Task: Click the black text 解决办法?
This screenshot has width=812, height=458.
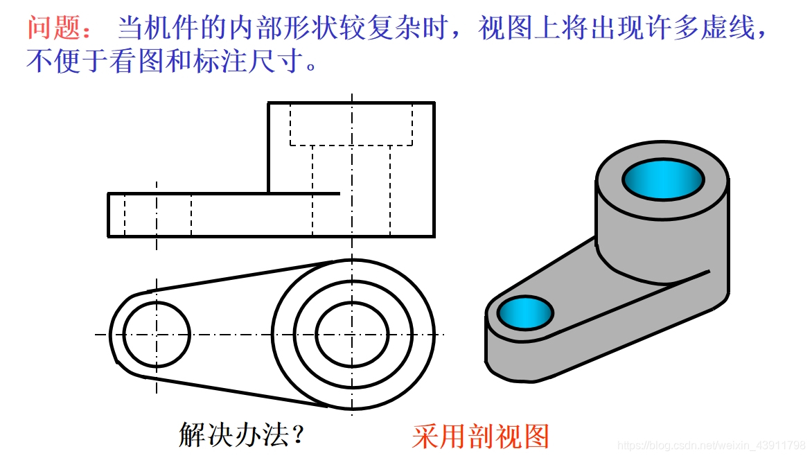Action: click(242, 434)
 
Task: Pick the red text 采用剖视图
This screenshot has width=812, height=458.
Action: click(480, 436)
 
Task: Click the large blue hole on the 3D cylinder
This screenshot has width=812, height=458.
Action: click(663, 179)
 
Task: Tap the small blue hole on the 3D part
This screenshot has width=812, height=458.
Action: click(524, 312)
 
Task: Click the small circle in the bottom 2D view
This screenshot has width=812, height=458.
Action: click(157, 334)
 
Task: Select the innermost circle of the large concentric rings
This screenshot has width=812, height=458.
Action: click(352, 334)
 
